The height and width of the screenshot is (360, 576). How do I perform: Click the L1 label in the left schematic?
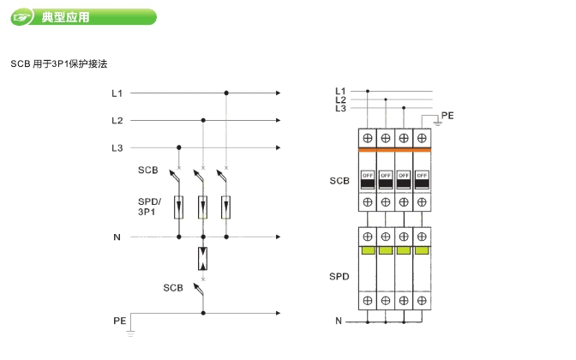(x=117, y=93)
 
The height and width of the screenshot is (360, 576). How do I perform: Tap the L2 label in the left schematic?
(x=117, y=120)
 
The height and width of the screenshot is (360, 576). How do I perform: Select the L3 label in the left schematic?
(x=117, y=147)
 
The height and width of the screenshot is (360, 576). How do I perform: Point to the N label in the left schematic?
(x=117, y=236)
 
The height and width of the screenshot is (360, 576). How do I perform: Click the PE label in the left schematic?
(x=119, y=320)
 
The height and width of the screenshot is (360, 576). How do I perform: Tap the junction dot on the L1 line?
(x=226, y=93)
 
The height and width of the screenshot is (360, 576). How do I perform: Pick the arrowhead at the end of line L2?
(x=279, y=120)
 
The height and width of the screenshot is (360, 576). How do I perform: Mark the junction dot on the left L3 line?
(x=178, y=147)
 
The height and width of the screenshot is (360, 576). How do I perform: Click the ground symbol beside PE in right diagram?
(x=436, y=123)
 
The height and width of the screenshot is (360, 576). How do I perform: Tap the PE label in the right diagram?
(x=447, y=114)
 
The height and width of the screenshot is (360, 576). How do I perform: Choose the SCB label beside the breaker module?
(x=339, y=181)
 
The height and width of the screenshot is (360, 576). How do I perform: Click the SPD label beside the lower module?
(x=339, y=277)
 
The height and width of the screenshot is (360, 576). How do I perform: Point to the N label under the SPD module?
(x=339, y=321)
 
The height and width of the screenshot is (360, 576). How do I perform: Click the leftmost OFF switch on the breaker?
(x=368, y=179)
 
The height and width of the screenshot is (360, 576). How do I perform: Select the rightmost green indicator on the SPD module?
(x=421, y=250)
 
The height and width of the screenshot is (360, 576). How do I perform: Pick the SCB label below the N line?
(x=173, y=287)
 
